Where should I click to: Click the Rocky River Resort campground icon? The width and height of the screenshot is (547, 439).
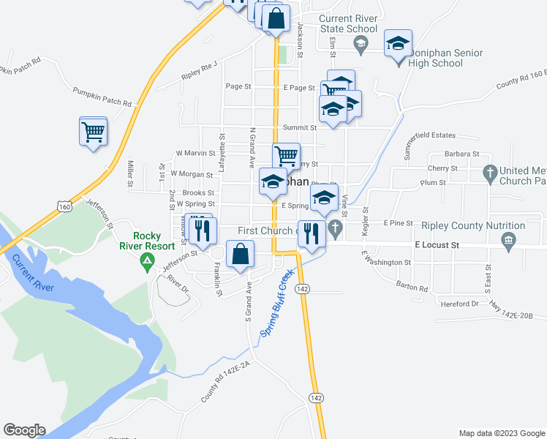[x=147, y=259]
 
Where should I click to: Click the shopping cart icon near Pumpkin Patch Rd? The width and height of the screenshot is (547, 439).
[x=93, y=132]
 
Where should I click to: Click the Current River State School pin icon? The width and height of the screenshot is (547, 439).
[x=360, y=44]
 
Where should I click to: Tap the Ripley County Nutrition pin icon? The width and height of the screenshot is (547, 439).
[x=508, y=239]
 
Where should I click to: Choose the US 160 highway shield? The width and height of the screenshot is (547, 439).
[x=66, y=207]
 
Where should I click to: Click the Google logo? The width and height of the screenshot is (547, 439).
[x=24, y=430]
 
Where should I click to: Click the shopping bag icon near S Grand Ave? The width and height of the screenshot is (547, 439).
[x=241, y=255]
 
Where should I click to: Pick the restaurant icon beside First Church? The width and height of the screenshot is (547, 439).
[x=312, y=233]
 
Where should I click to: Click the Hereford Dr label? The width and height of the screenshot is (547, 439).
[x=460, y=303]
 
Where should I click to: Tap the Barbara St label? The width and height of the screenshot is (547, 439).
[x=461, y=154]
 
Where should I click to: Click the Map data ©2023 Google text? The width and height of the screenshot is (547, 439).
[x=501, y=433]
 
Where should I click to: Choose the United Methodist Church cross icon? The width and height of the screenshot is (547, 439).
[x=490, y=174]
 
